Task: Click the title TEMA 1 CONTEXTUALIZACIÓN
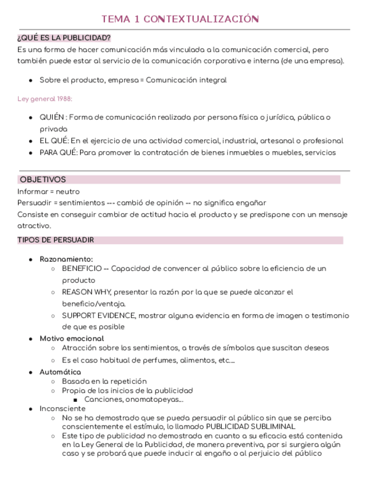180,19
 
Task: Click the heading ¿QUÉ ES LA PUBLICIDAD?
64,38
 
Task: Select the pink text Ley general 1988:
45,99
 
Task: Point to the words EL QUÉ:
54,141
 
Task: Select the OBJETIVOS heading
43,180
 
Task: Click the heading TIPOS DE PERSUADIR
56,240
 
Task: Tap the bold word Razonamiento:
66,259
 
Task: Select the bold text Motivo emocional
72,338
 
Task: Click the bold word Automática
60,372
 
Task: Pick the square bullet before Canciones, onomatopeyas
76,400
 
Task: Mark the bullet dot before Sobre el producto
30,80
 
